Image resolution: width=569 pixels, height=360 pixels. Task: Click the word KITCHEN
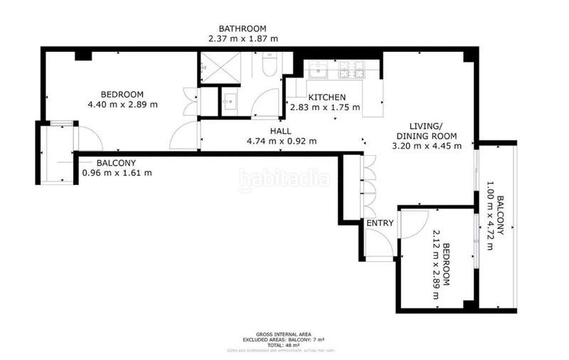(x=326, y=97)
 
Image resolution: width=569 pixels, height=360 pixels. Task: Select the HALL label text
(x=279, y=131)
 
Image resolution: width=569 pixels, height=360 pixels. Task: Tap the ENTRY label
(x=380, y=223)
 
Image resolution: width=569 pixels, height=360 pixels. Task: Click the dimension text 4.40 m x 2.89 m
(x=122, y=105)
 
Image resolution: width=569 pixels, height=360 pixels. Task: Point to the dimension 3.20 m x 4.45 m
(x=427, y=147)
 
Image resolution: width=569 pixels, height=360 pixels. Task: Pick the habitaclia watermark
(x=284, y=180)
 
